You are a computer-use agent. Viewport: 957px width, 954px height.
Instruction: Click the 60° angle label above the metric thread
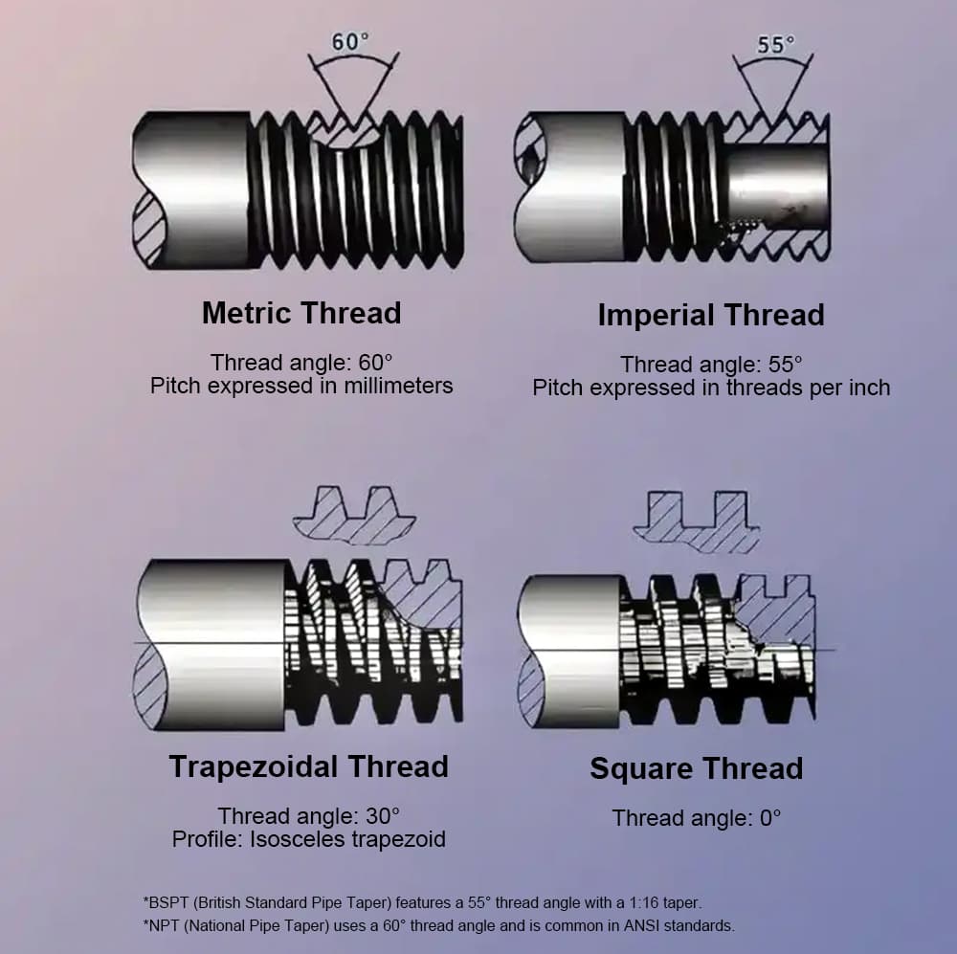(350, 43)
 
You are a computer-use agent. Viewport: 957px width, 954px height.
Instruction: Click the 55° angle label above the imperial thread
(776, 44)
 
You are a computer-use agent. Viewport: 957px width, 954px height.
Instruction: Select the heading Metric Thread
(301, 313)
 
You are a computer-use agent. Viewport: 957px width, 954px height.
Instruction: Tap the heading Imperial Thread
(710, 315)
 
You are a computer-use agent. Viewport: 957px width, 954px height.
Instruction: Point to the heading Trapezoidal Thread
(308, 766)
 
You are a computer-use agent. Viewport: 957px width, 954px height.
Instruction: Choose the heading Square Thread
(696, 768)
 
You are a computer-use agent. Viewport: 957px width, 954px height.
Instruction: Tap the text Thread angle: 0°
(697, 818)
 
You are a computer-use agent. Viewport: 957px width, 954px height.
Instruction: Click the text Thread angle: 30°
(308, 816)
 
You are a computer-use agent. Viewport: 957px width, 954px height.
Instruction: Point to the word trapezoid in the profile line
(402, 839)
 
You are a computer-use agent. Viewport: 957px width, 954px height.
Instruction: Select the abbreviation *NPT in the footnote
(161, 925)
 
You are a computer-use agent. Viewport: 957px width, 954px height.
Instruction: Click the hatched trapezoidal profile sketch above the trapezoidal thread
(354, 517)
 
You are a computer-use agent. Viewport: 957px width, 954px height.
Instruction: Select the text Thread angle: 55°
(711, 365)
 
